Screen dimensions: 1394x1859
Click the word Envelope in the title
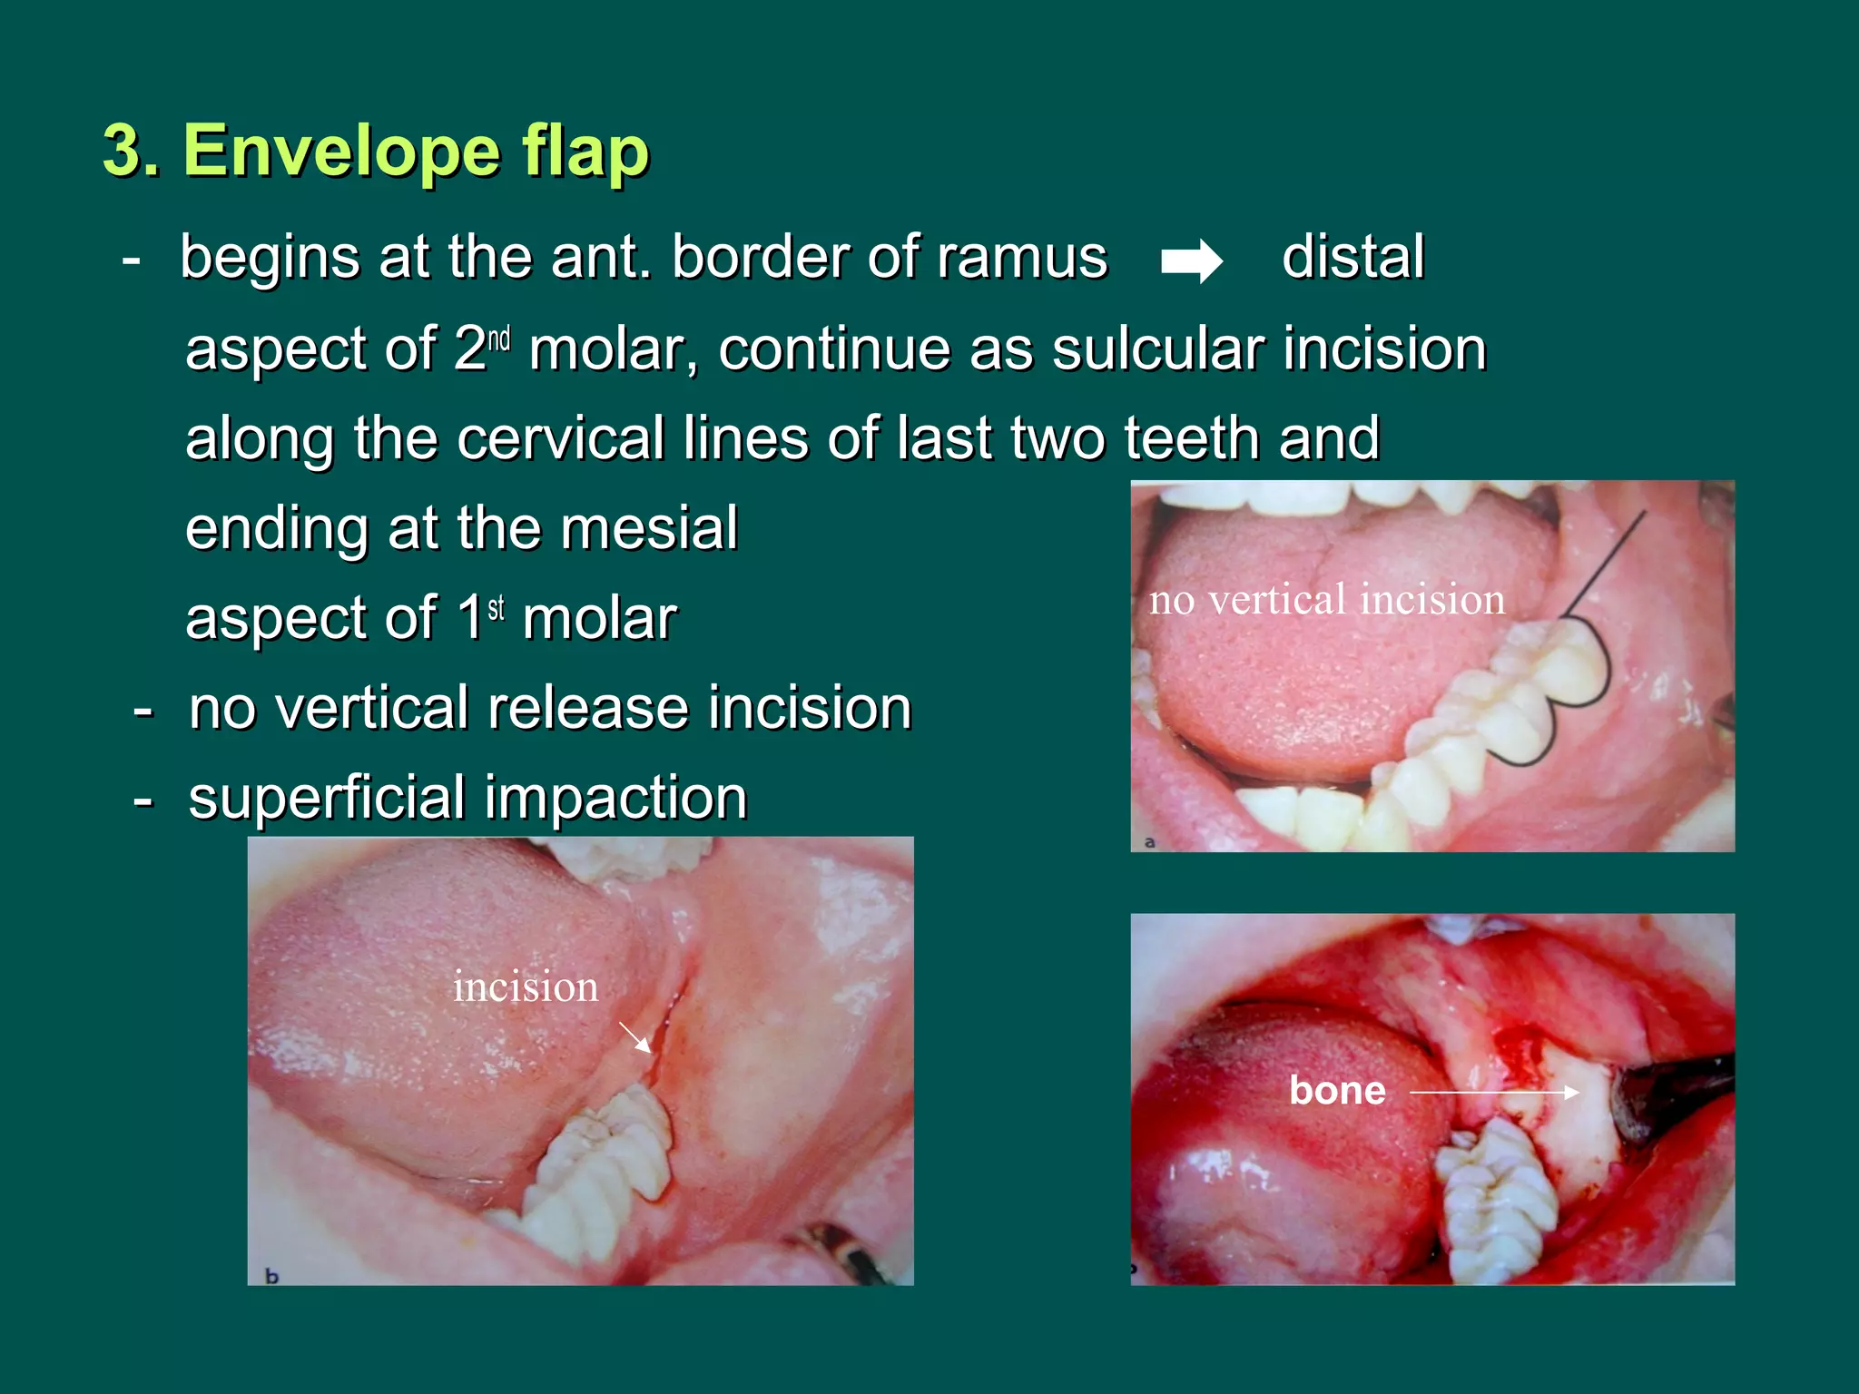coord(340,151)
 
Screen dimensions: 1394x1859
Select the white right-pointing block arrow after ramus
coord(1191,261)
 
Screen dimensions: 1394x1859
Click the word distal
coord(1352,257)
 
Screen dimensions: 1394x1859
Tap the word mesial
coord(648,528)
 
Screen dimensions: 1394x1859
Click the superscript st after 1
coord(497,607)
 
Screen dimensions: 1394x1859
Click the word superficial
coord(326,799)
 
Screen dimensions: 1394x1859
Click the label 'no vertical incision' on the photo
coord(1326,600)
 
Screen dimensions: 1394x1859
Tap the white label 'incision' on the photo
coord(526,987)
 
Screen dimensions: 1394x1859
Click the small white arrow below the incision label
coord(635,1036)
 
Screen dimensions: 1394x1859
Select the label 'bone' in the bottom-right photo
coord(1337,1090)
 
